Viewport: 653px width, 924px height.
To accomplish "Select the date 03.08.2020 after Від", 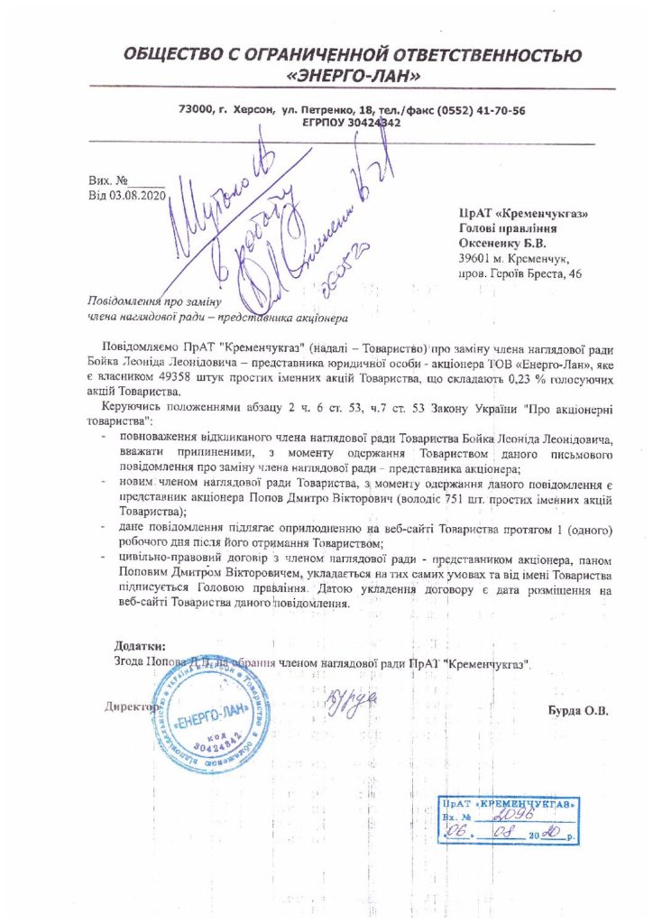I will [x=131, y=196].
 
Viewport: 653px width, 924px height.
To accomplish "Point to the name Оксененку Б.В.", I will [x=502, y=243].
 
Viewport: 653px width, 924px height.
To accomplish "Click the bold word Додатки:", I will [x=140, y=646].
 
